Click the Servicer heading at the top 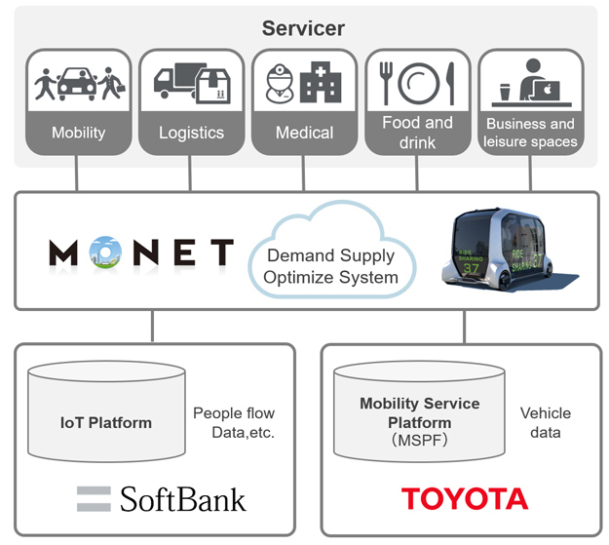(x=304, y=27)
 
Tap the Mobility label (x=78, y=133)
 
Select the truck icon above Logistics (x=175, y=83)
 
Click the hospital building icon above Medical (x=321, y=86)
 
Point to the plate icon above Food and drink (x=416, y=84)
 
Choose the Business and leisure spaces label (x=530, y=133)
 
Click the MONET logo (x=141, y=253)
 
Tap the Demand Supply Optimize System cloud (x=331, y=257)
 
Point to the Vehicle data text (x=545, y=422)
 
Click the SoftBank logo (x=162, y=499)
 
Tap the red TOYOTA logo (x=465, y=499)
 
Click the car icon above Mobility (x=79, y=84)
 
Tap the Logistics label (x=191, y=133)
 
